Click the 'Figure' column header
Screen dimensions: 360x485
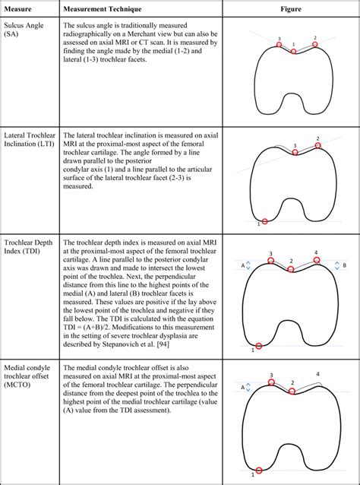(289, 8)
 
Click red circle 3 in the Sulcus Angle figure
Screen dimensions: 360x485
(278, 45)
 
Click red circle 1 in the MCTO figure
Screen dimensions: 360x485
(260, 470)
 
